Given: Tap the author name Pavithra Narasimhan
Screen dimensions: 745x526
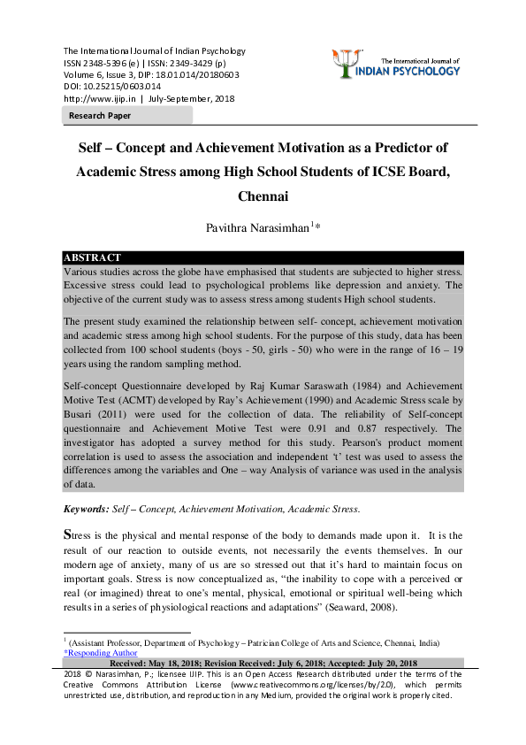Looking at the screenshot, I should (259, 227).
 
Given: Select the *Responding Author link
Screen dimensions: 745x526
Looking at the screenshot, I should (100, 653).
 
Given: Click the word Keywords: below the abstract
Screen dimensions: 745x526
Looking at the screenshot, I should (86, 509).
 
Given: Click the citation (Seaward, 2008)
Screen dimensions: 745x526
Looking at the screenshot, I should (355, 610).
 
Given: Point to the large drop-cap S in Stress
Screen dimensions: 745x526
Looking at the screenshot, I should (68, 534).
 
